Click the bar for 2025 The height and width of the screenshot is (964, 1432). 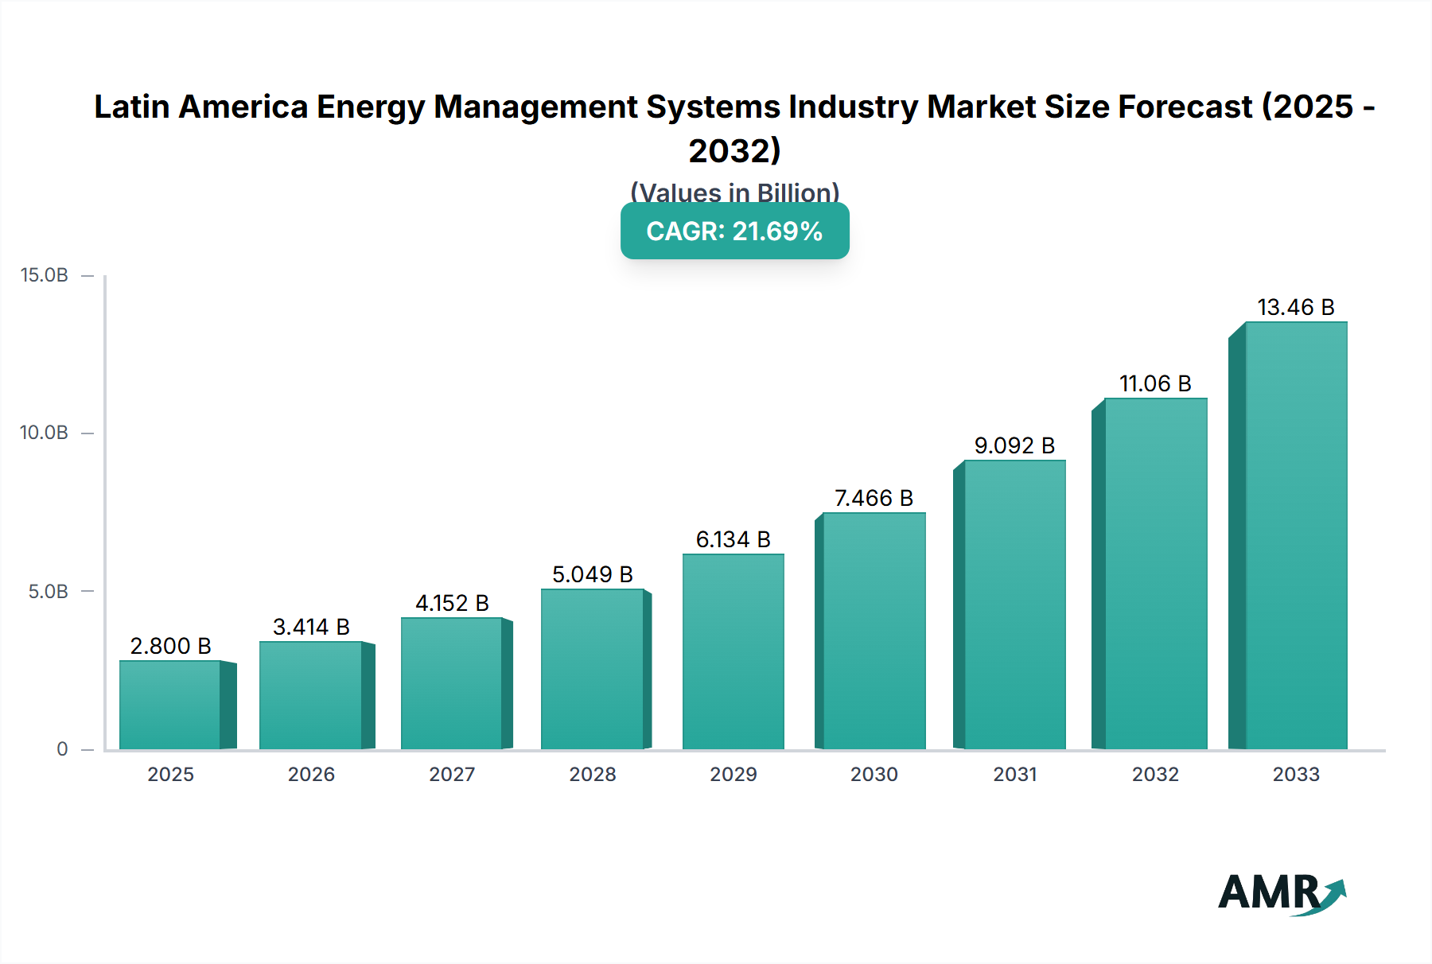[x=170, y=705]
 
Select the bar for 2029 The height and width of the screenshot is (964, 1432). [x=733, y=652]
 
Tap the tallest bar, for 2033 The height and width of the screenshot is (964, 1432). [x=1295, y=537]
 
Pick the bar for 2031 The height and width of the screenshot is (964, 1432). [x=1014, y=604]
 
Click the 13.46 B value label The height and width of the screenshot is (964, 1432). [x=1295, y=307]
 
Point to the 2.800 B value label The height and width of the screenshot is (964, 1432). [x=170, y=646]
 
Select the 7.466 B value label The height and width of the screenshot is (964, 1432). [x=874, y=498]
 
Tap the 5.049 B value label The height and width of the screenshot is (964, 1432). [x=593, y=574]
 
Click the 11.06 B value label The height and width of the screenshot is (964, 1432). [x=1155, y=383]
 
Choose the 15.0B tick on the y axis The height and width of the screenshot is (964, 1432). [x=45, y=275]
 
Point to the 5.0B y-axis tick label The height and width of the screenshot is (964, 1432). [x=48, y=592]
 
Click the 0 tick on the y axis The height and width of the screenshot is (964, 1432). [x=62, y=749]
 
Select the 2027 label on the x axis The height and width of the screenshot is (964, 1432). [x=452, y=775]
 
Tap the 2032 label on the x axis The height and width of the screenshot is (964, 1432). [x=1155, y=775]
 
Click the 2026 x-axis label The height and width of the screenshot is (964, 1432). [x=311, y=775]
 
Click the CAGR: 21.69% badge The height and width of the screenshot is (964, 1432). [x=734, y=231]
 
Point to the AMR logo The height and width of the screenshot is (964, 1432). [x=1281, y=892]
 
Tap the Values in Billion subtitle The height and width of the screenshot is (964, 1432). [x=734, y=192]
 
